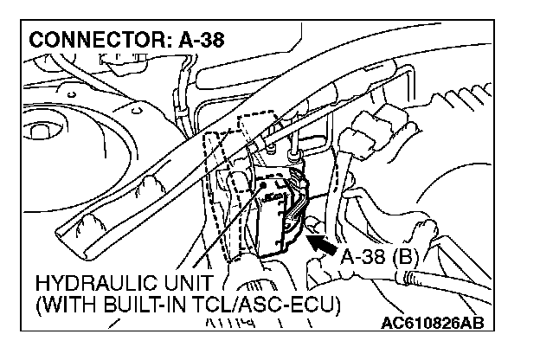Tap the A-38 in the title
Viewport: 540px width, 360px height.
click(202, 40)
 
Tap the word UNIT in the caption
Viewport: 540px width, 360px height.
click(191, 285)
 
